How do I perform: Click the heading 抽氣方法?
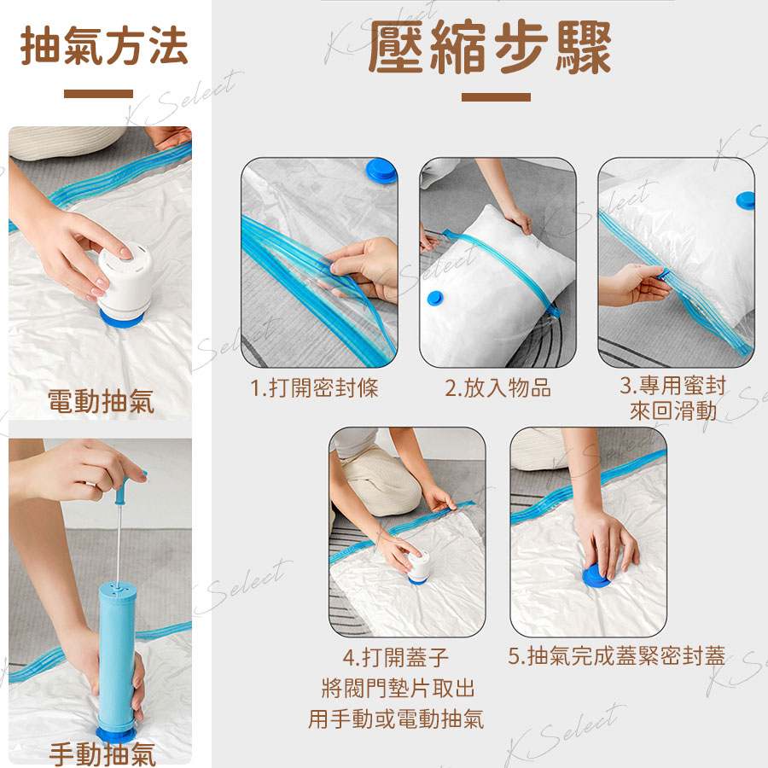click(104, 46)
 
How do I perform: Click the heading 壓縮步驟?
click(490, 47)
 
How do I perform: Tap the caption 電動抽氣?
click(101, 402)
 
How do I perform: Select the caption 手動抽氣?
click(102, 754)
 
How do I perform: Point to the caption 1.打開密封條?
click(314, 388)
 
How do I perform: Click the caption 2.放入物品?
click(498, 388)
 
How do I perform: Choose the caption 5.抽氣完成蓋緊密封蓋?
click(617, 656)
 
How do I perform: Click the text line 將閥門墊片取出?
click(399, 688)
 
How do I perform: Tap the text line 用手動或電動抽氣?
click(396, 719)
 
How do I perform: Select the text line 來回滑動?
click(673, 411)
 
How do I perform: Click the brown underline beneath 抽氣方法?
click(98, 94)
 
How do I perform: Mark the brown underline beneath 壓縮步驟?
click(496, 97)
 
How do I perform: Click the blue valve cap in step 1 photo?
click(381, 171)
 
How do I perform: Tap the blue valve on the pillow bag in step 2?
click(435, 297)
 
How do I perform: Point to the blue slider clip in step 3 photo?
click(664, 274)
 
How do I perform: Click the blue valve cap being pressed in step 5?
click(596, 575)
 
